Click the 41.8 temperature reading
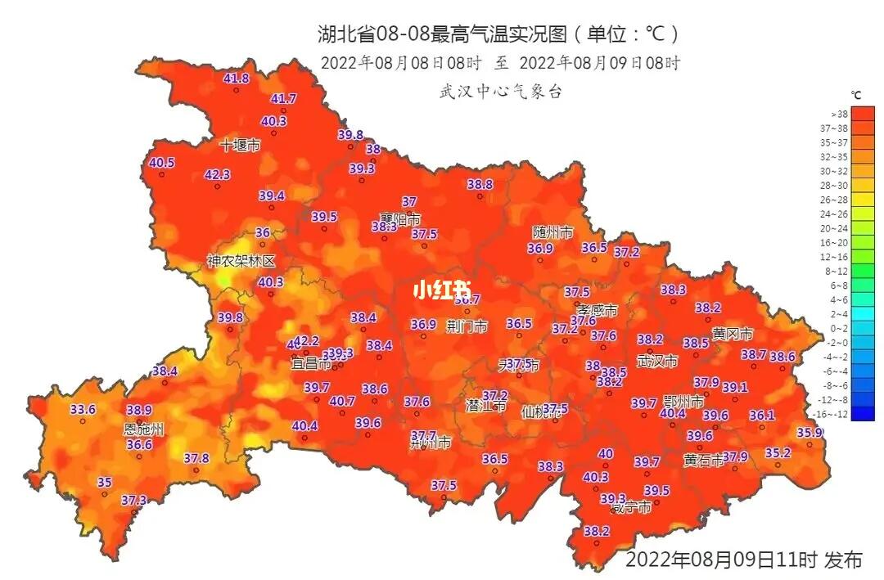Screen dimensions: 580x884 [x=236, y=79]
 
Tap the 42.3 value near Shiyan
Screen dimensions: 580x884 [x=217, y=174]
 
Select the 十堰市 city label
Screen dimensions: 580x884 [x=240, y=146]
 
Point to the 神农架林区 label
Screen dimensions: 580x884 [x=241, y=261]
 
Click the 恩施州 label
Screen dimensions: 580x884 [x=143, y=429]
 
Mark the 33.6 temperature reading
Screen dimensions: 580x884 [x=83, y=409]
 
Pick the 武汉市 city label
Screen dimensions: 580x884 [x=657, y=361]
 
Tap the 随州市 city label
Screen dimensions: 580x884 [x=552, y=232]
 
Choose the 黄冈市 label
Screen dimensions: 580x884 [x=733, y=334]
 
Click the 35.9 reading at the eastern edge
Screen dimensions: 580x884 [x=810, y=433]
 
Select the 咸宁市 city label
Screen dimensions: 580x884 [x=631, y=507]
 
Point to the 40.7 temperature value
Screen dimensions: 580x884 [x=342, y=401]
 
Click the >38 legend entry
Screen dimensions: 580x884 [x=840, y=115]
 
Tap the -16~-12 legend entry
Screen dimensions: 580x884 [x=840, y=414]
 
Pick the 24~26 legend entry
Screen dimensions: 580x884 [x=840, y=214]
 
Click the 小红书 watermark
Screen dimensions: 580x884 [x=442, y=290]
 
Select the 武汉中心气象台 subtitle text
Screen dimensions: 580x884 [x=501, y=92]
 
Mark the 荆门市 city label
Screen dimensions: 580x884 [x=467, y=326]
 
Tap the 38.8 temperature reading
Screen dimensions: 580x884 [x=480, y=185]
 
